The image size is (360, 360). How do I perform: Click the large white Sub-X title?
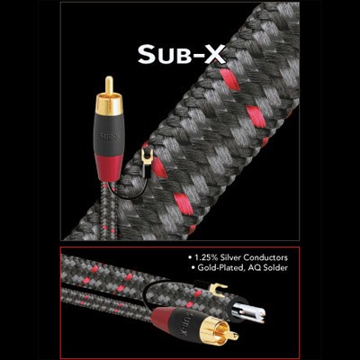(182, 54)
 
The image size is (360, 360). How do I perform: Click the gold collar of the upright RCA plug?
(109, 104)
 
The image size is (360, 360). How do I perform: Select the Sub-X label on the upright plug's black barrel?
(109, 137)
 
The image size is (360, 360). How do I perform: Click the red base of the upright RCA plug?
(109, 167)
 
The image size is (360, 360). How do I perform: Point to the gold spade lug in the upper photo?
(148, 157)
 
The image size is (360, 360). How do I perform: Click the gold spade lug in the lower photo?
(217, 290)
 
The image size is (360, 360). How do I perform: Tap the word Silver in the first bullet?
(231, 257)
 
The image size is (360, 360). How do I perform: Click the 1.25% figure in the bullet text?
(207, 257)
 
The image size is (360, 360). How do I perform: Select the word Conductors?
(265, 257)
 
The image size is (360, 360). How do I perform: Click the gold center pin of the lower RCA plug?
(232, 336)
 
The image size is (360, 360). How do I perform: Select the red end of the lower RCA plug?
(161, 319)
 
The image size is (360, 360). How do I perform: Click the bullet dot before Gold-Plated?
(193, 268)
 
